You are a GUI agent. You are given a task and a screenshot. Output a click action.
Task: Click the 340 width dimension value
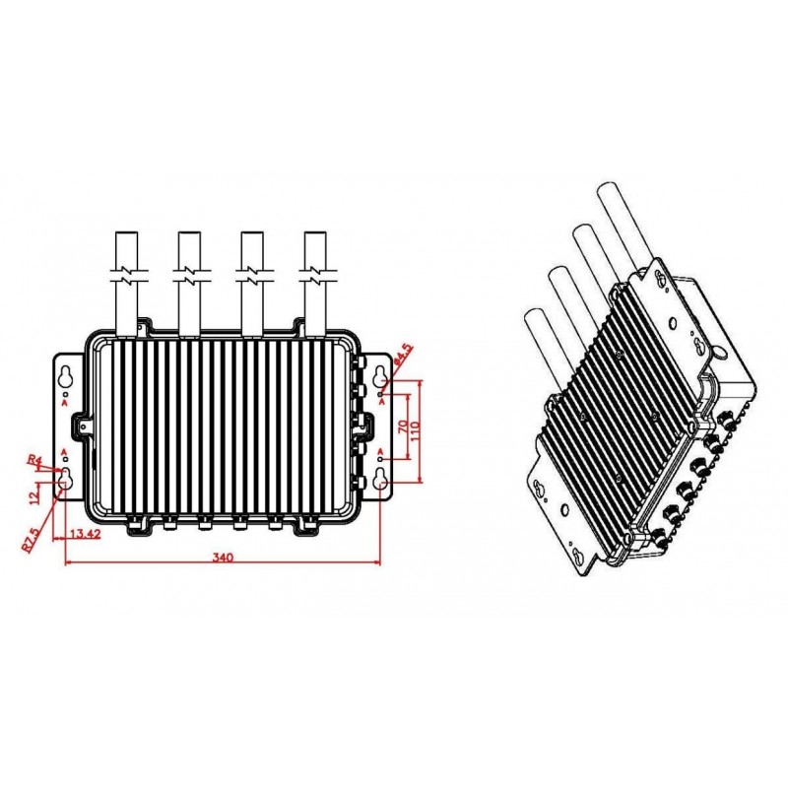click(x=223, y=558)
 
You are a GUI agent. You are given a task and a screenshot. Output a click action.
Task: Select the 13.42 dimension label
click(x=89, y=535)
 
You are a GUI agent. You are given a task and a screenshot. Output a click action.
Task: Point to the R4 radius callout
click(x=33, y=460)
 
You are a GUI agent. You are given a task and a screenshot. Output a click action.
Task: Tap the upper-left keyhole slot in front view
click(x=65, y=377)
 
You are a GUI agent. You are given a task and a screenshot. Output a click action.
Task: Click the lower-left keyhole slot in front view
click(x=65, y=481)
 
